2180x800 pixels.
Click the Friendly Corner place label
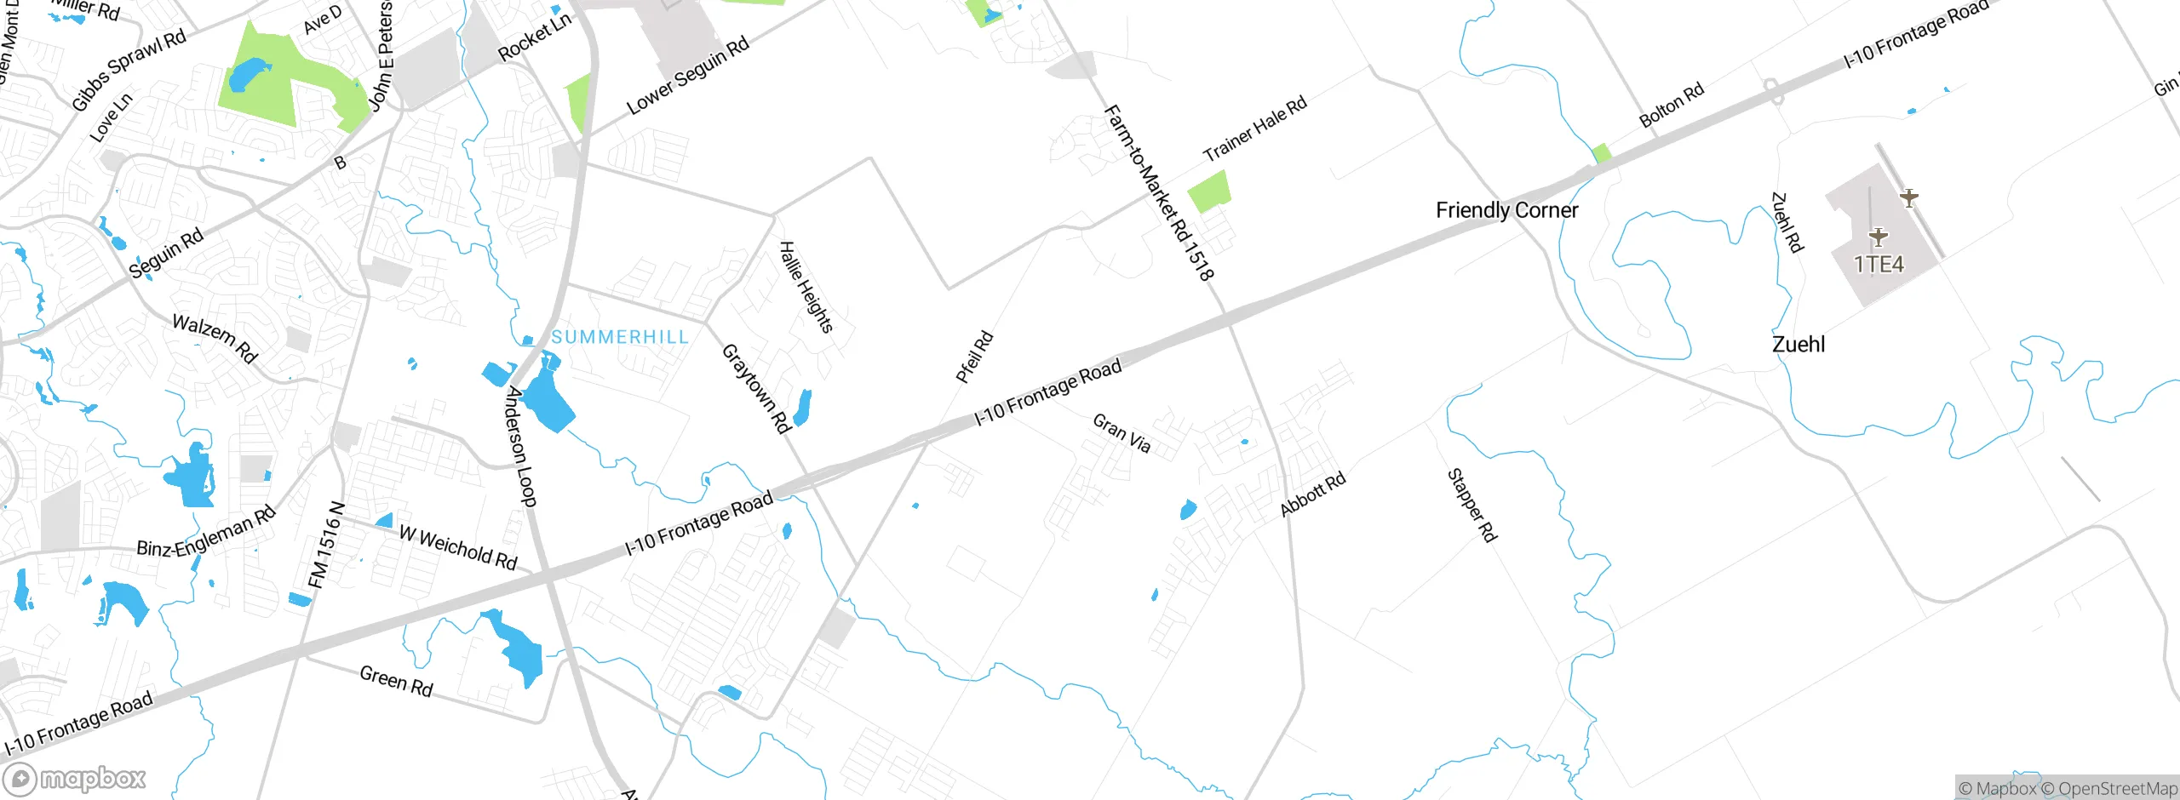tap(1506, 210)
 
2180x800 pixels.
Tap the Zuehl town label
tap(1798, 345)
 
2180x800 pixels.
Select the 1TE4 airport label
tap(1878, 265)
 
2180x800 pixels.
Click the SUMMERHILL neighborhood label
tap(620, 337)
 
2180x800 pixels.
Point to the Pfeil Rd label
tap(974, 357)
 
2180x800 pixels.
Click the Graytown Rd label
tap(756, 388)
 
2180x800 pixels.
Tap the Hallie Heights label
tap(806, 287)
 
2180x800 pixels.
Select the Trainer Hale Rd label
tap(1254, 129)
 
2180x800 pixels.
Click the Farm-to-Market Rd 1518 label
tap(1159, 192)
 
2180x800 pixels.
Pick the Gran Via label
tap(1122, 433)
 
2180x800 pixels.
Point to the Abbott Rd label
tap(1312, 494)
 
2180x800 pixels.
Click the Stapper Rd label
tap(1471, 505)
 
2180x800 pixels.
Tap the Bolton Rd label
tap(1672, 105)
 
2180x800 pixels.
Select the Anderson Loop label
tap(521, 446)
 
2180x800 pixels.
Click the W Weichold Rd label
tap(458, 547)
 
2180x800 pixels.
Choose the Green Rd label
tap(396, 681)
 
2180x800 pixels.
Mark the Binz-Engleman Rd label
tap(207, 532)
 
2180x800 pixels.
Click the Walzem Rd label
tap(215, 338)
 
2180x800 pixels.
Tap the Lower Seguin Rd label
tap(688, 76)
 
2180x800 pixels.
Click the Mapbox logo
tap(75, 778)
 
